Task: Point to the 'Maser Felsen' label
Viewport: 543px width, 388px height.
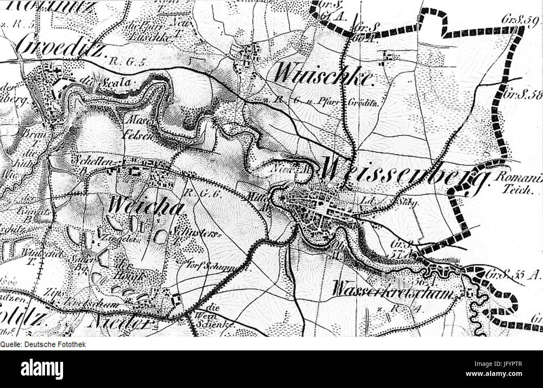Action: click(137, 128)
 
